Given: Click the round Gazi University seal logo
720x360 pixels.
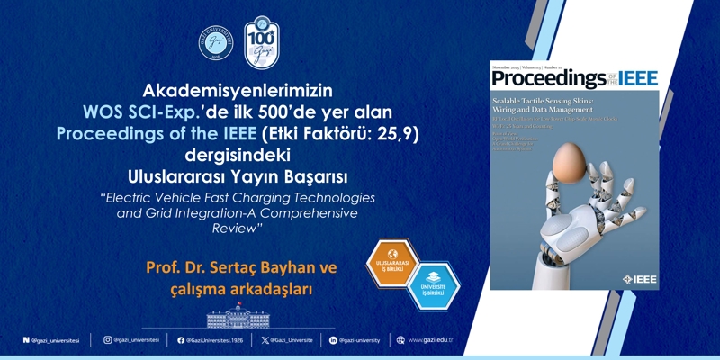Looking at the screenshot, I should coord(217,44).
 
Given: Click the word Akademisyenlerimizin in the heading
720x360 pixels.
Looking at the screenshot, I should coord(238,90).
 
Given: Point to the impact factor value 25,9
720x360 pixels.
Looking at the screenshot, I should coord(394,131).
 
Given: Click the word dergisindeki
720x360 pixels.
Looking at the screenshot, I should coord(238,152).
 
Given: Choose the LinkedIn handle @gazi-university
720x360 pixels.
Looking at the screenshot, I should coord(359,340).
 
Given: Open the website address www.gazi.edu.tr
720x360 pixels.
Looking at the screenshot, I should coord(429,340).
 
